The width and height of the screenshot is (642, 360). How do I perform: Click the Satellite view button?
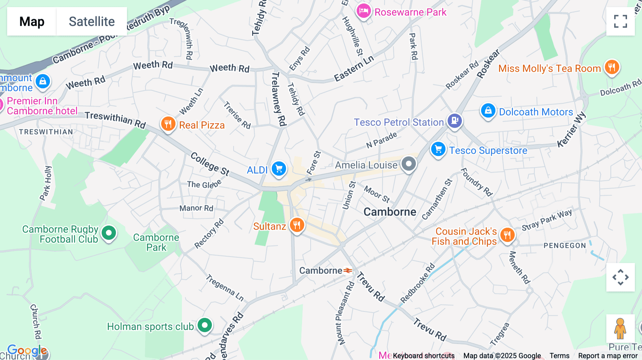click(92, 21)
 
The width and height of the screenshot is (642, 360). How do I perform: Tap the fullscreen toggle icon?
click(620, 21)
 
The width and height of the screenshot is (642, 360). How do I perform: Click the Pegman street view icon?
click(620, 329)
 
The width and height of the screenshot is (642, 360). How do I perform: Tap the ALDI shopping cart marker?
click(279, 169)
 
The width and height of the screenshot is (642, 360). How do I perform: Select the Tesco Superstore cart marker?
click(438, 149)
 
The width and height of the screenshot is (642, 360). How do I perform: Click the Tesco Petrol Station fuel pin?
click(455, 121)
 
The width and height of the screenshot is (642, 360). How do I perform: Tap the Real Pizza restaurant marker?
click(168, 124)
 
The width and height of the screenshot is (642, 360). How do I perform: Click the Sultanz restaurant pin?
click(297, 225)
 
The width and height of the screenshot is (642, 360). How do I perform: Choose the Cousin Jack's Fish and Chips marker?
click(507, 235)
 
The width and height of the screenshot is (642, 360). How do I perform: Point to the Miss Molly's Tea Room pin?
click(612, 67)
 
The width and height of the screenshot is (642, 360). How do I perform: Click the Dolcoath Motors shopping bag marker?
click(488, 111)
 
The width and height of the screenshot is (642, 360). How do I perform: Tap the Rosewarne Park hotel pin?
click(363, 11)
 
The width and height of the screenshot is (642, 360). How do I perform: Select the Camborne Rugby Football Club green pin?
click(109, 233)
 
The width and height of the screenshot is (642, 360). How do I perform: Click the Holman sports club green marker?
click(205, 325)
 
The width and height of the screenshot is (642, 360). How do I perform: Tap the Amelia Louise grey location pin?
click(409, 164)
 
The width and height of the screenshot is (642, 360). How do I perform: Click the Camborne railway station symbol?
click(348, 271)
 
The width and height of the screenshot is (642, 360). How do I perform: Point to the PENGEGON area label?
click(565, 246)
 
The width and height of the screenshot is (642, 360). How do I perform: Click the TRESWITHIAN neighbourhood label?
click(46, 132)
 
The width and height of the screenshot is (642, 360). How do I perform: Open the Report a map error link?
click(607, 356)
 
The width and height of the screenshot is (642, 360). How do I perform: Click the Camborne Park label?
click(156, 242)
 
